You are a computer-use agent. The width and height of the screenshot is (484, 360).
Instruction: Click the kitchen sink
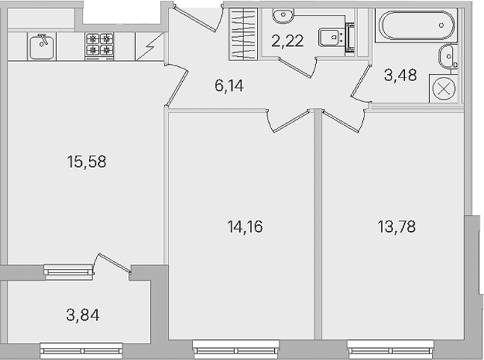[x=42, y=46]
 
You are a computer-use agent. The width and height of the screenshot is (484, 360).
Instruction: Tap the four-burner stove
[x=100, y=46]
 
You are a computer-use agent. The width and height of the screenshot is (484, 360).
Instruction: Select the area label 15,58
[x=86, y=162]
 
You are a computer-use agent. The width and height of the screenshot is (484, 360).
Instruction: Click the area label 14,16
[x=245, y=227]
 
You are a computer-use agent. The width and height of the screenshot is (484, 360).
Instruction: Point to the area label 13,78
[x=396, y=227]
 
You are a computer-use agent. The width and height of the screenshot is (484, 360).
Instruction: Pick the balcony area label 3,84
[x=83, y=315]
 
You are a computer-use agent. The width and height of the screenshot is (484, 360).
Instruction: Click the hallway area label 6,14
[x=229, y=85]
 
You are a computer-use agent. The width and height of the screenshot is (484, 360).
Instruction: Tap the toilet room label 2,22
[x=288, y=41]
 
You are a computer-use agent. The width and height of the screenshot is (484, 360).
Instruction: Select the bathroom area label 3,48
[x=400, y=75]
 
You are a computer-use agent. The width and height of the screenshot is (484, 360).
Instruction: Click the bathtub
[x=416, y=26]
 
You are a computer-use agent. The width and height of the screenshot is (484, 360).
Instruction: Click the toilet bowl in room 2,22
[x=330, y=37]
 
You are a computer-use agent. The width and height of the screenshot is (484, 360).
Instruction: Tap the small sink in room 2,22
[x=283, y=16]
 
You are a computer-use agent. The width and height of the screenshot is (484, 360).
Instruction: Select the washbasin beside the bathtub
[x=447, y=56]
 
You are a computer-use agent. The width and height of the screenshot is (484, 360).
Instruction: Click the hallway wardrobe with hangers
[x=243, y=34]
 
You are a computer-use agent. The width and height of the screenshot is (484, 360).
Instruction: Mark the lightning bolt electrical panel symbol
[x=149, y=46]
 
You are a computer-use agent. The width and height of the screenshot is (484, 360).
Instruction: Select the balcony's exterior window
[x=81, y=351]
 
